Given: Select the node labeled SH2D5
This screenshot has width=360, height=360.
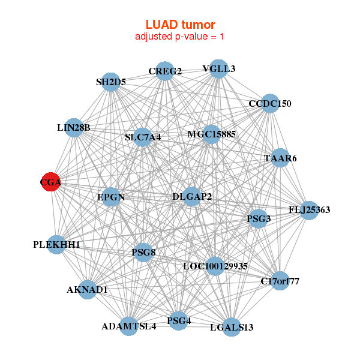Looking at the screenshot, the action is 111,82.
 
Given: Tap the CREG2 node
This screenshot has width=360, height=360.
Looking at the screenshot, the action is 165,71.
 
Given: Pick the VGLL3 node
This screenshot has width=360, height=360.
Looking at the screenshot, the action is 218,69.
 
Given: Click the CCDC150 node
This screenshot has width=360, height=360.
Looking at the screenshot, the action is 270,104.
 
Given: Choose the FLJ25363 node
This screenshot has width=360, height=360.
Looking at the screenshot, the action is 309,210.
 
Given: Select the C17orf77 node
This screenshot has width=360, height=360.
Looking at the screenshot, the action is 280,280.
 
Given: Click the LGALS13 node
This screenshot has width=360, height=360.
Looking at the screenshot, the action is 232,327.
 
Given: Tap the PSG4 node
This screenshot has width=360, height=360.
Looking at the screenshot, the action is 179,321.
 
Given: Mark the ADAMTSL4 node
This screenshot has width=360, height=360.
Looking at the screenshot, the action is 128,326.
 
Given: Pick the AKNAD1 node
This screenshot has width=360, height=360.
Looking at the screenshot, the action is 87,290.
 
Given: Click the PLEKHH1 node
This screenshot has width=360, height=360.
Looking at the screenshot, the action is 56,245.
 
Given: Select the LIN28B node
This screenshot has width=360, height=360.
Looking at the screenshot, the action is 73,128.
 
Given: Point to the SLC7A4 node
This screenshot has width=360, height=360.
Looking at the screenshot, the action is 143,137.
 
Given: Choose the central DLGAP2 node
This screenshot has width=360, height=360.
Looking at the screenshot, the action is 191,196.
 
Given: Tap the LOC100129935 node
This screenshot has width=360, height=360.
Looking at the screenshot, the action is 215,266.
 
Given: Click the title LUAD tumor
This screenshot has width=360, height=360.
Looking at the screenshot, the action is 180,25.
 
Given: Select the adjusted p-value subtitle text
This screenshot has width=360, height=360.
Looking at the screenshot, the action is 180,37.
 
